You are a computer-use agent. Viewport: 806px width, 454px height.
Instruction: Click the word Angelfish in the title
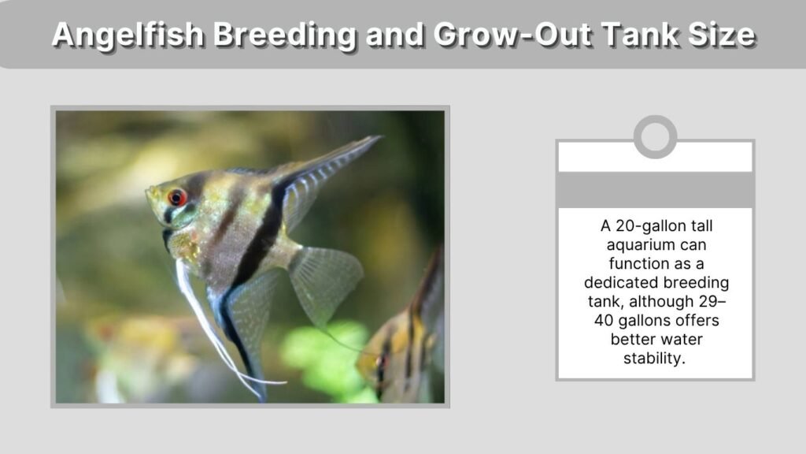click(128, 35)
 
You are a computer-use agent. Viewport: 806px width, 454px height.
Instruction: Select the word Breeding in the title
click(284, 34)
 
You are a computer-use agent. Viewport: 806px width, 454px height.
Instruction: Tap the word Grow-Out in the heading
click(512, 34)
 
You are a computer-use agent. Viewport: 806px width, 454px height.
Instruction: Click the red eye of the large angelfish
click(177, 197)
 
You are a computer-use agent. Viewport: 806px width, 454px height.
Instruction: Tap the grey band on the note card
click(656, 190)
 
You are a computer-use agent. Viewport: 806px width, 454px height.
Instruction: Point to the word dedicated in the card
click(621, 283)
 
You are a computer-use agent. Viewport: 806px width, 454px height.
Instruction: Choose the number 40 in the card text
click(604, 320)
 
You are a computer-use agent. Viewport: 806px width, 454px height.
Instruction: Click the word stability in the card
click(653, 358)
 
